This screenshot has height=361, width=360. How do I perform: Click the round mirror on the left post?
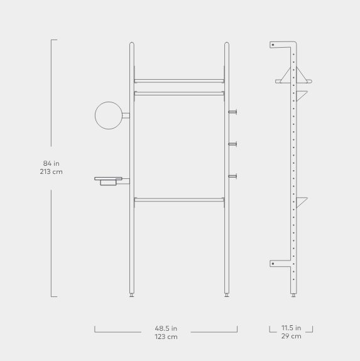click(108, 115)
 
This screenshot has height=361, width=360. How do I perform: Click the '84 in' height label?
click(51, 164)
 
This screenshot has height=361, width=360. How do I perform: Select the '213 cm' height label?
click(51, 172)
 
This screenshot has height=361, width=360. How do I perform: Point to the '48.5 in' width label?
click(166, 328)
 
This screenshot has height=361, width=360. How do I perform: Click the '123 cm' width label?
click(166, 337)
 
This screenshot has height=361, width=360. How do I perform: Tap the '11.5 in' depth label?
click(291, 328)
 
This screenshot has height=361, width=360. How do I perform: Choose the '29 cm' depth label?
click(291, 337)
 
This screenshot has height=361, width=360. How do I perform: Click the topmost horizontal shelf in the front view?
click(179, 80)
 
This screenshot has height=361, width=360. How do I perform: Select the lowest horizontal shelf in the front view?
click(179, 200)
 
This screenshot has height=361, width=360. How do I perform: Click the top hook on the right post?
click(232, 112)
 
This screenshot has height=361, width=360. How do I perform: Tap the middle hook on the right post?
click(232, 144)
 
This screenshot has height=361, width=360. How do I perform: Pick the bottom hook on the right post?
click(232, 176)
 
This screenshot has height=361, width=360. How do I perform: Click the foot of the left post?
click(131, 294)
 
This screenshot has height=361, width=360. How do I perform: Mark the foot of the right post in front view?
click(227, 294)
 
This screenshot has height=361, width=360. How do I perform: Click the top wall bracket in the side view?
click(275, 45)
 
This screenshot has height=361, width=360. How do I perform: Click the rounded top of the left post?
click(131, 45)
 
